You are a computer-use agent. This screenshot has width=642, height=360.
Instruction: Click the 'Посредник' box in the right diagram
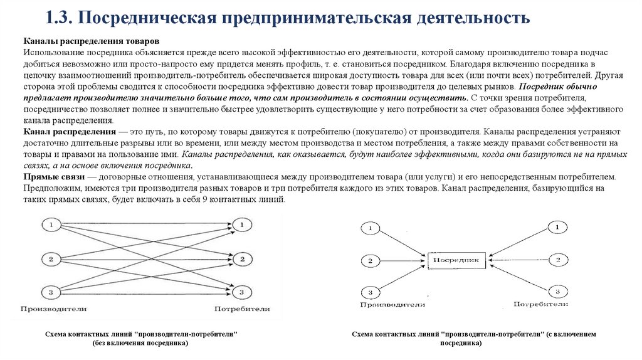[x=456, y=259]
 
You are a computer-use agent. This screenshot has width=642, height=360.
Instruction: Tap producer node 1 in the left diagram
[x=51, y=224]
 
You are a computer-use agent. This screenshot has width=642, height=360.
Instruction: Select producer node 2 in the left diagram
[x=51, y=258]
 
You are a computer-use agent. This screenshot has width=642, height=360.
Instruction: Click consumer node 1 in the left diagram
[x=241, y=224]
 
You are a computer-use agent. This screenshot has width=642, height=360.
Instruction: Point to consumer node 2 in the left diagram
[x=241, y=258]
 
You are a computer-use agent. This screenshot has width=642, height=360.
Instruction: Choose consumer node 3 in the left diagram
[x=241, y=292]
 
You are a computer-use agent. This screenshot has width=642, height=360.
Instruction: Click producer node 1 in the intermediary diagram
[x=370, y=228]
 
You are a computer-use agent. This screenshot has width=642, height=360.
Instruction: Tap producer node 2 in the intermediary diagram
[x=370, y=260]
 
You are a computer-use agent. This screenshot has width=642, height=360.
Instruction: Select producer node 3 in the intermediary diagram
[x=370, y=291]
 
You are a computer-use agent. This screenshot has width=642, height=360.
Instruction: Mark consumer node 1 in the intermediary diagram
[x=557, y=227]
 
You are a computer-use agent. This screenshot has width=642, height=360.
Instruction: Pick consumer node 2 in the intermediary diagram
[x=557, y=258]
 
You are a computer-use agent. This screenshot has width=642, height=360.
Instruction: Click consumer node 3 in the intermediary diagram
[x=557, y=290]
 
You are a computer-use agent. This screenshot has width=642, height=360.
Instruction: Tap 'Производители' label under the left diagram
[x=53, y=309]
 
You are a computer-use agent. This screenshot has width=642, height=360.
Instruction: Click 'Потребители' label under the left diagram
[x=242, y=309]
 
